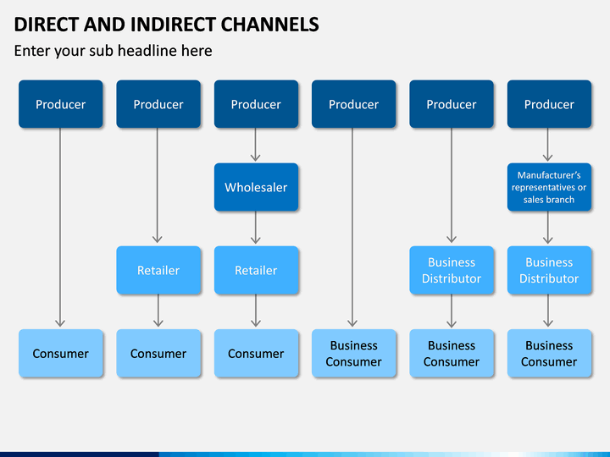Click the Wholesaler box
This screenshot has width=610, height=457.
[256, 187]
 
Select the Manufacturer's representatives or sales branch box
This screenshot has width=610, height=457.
[549, 187]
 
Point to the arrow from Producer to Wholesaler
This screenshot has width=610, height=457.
[255, 145]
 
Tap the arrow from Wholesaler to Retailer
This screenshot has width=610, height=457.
[256, 228]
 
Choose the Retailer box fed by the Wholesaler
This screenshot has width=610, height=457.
[256, 270]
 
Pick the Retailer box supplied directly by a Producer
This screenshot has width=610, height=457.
[158, 270]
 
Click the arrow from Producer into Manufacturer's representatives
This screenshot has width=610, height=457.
[548, 145]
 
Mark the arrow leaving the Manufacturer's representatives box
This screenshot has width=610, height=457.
[548, 228]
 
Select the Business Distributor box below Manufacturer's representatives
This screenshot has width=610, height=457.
[549, 270]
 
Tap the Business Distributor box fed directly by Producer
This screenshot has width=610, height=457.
[452, 270]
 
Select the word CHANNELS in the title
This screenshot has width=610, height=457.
[270, 25]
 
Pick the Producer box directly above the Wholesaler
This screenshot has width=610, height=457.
[256, 104]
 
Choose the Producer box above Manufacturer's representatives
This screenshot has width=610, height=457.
[549, 104]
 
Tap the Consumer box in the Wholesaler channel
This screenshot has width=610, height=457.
[256, 353]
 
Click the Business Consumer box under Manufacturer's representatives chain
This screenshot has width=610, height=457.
[549, 353]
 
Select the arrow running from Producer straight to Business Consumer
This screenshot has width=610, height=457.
[352, 228]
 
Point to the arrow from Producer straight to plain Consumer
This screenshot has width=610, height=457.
[60, 228]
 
